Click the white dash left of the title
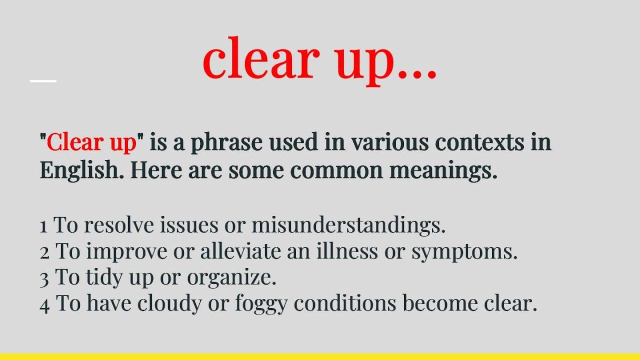tap(43, 80)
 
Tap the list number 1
tap(43, 226)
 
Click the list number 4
tap(44, 304)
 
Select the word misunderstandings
tap(348, 225)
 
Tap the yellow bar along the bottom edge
tap(320, 356)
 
